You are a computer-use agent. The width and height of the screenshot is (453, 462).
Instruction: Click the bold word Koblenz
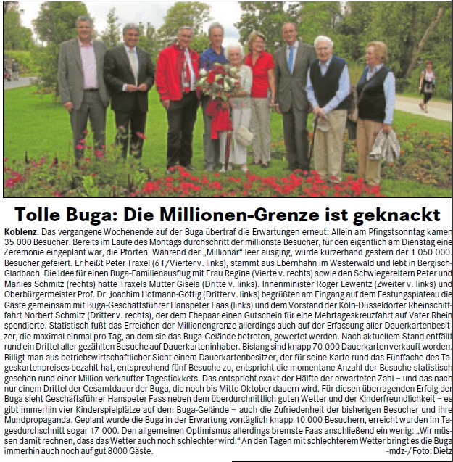20,231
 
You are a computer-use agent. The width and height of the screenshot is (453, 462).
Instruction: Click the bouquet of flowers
216,83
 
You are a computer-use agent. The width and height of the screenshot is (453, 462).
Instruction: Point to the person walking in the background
428,86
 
